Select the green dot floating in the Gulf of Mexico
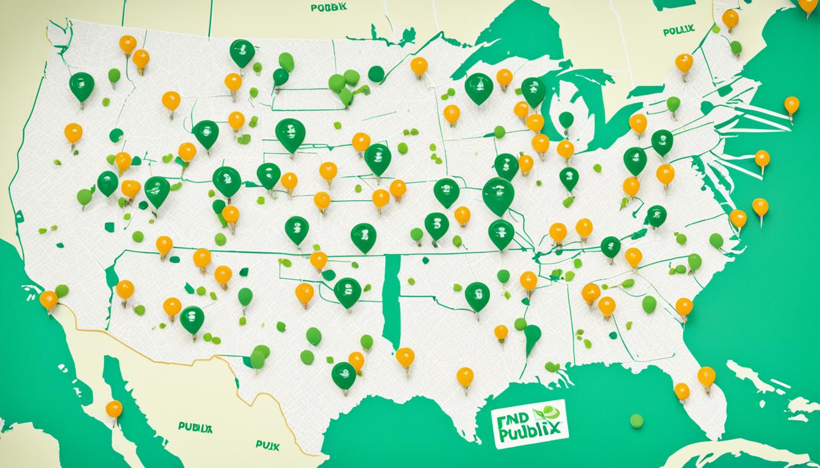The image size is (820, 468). pyautogui.click(x=636, y=420)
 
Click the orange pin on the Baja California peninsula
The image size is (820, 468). pyautogui.click(x=113, y=409)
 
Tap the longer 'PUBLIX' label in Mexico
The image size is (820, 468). pyautogui.click(x=195, y=427)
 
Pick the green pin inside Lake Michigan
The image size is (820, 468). pyautogui.click(x=566, y=120)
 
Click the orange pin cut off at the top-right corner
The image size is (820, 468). pyautogui.click(x=808, y=3)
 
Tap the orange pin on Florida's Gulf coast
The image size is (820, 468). pyautogui.click(x=682, y=391)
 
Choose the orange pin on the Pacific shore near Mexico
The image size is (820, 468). pyautogui.click(x=48, y=300)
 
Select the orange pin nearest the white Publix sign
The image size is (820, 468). pyautogui.click(x=465, y=377)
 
